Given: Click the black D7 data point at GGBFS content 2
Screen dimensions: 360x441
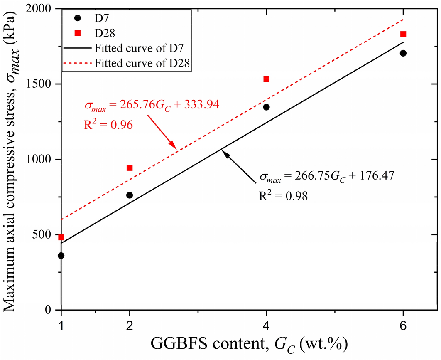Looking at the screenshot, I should coord(129,195).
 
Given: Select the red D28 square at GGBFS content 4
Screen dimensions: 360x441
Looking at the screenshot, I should coord(266,79).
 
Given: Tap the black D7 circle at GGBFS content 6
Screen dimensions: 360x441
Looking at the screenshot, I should coord(403,53).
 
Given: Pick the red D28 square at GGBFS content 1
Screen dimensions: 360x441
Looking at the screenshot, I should coord(61,237).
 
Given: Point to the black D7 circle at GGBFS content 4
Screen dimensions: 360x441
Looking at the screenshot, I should coord(266,107).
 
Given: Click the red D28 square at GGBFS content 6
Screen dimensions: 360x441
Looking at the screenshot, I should coord(403,34).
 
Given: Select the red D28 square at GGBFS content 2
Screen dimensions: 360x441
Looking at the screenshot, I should coord(129,168).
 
